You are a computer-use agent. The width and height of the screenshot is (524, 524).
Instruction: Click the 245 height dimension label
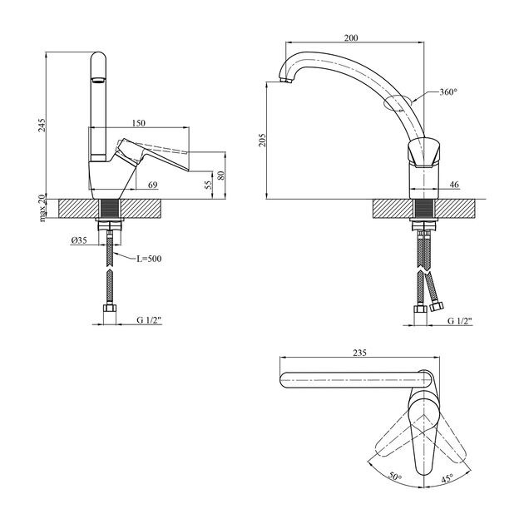pos(42,125)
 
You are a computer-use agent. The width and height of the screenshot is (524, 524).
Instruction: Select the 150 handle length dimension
pos(139,123)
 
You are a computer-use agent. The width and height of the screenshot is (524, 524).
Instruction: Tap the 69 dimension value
pos(153,185)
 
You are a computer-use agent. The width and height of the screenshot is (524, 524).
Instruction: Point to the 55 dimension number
pos(208,185)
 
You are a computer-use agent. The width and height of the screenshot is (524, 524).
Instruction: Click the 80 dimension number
pos(221,175)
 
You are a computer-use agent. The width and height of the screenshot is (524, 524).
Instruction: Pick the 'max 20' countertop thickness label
pos(42,208)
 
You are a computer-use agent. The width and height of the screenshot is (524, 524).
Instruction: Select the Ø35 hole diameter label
pos(79,240)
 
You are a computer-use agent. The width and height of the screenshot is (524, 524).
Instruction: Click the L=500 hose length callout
pos(149,259)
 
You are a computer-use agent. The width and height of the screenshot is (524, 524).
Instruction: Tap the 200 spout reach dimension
pos(351,37)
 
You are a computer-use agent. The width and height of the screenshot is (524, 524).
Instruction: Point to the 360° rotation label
pos(448,91)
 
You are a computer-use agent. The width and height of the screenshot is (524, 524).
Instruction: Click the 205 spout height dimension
pos(262,141)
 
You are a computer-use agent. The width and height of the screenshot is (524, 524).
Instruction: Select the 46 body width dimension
pos(454,184)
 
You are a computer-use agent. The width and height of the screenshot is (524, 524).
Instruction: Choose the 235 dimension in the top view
pos(359,353)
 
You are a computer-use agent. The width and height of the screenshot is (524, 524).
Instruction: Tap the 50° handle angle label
pos(395,477)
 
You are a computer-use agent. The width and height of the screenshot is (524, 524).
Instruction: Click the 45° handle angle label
pos(447,478)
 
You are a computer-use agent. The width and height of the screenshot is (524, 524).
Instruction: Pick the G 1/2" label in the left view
pos(149,320)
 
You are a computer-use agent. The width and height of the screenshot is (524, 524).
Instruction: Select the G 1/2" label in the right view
pos(460,321)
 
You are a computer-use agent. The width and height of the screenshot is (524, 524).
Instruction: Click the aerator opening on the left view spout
pos(99,80)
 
